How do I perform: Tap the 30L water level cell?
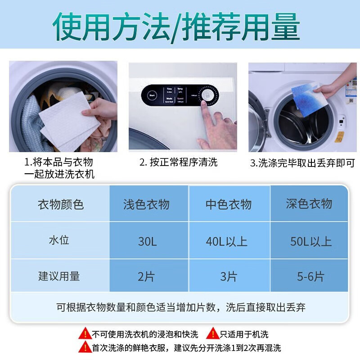click(x=148, y=241)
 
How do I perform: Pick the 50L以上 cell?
click(x=311, y=241)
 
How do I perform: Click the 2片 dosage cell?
click(x=146, y=276)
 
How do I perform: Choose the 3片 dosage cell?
click(x=229, y=276)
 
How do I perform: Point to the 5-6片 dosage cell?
click(x=310, y=276)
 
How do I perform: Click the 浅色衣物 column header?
click(x=146, y=204)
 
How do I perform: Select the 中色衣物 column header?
click(x=229, y=204)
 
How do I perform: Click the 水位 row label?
click(x=59, y=240)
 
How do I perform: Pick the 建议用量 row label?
click(x=59, y=276)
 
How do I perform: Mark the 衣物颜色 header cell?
click(x=61, y=204)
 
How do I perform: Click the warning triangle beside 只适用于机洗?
click(x=212, y=334)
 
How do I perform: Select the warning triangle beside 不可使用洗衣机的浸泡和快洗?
click(x=85, y=334)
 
